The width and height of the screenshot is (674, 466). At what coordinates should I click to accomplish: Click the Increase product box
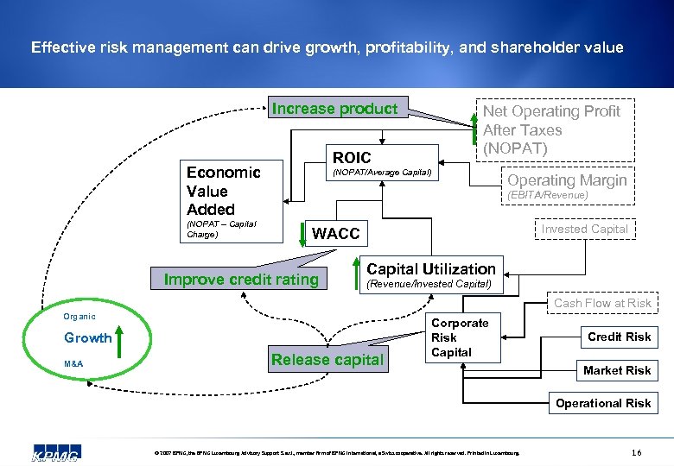pos(334,109)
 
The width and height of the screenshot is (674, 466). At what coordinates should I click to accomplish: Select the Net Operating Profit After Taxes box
pos(550,129)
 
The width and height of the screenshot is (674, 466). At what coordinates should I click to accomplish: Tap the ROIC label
pos(352,157)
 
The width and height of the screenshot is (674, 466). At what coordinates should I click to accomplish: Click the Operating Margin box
pos(566,180)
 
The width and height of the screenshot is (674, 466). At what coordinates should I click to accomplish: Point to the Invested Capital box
pos(585,229)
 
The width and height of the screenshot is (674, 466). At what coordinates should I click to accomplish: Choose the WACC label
pos(335,234)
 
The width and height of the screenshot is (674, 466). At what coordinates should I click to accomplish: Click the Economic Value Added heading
pos(223,191)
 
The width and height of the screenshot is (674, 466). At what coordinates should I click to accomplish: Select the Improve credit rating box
pos(241,279)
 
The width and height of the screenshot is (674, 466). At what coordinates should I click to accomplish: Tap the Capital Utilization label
pos(431,269)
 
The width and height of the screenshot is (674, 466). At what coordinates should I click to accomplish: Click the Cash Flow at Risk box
pos(602,303)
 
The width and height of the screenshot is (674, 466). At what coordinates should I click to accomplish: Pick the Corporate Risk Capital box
pos(460,337)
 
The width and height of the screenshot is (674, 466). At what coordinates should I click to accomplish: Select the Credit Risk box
pos(619,337)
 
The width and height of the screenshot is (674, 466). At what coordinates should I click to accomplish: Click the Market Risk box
pos(617,370)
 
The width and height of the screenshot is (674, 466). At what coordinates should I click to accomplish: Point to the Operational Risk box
pos(603,403)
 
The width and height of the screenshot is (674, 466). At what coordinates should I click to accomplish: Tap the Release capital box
pos(327,360)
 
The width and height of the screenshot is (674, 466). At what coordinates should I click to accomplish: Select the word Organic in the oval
pos(79,317)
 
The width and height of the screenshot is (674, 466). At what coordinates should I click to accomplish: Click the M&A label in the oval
pos(73,363)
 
